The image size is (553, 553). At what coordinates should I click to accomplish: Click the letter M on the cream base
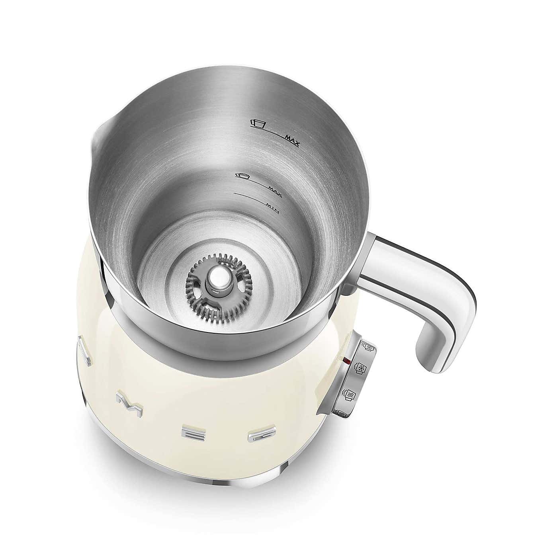127,402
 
